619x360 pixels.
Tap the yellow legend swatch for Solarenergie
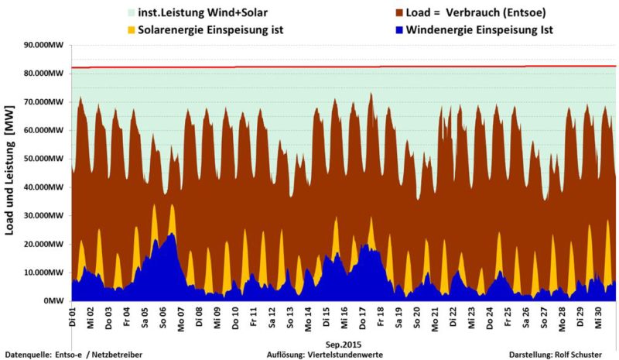click(x=131, y=29)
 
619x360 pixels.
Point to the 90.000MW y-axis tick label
click(x=45, y=45)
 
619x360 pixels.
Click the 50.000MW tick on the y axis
click(x=45, y=159)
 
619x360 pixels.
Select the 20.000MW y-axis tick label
click(x=45, y=244)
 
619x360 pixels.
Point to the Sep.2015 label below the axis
click(x=344, y=342)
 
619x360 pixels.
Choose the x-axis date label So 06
click(x=163, y=316)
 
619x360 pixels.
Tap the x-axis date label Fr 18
click(x=381, y=316)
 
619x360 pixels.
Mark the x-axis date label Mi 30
click(x=598, y=316)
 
